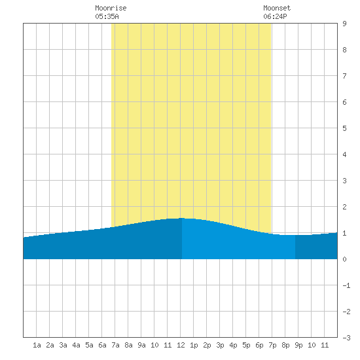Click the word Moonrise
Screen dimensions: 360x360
point(111,8)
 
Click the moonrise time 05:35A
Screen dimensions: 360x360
point(107,16)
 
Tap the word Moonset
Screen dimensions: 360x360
point(277,8)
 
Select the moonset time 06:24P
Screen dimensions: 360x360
point(275,16)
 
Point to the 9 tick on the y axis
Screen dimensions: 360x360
point(344,24)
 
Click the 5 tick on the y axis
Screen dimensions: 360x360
point(344,128)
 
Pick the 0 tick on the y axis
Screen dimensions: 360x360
point(344,259)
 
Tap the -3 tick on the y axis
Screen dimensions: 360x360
point(346,338)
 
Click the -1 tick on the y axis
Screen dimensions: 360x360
point(346,285)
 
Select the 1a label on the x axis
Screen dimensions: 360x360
point(37,345)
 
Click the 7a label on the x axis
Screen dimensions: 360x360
point(115,345)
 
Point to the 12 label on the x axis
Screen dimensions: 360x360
point(181,345)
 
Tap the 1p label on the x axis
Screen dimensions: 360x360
point(194,345)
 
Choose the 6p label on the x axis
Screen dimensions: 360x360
point(259,345)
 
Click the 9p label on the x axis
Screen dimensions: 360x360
point(298,345)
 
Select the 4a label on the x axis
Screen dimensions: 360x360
point(76,345)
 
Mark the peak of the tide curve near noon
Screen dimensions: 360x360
point(181,218)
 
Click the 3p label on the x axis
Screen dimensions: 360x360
point(220,345)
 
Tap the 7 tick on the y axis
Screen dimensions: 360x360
point(344,76)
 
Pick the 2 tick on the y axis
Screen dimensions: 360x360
point(344,207)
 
